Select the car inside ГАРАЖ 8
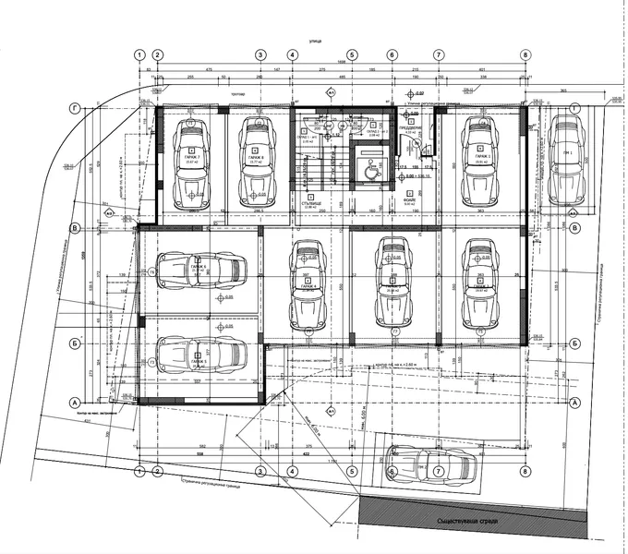point(257,162)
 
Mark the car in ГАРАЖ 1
point(478,162)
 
